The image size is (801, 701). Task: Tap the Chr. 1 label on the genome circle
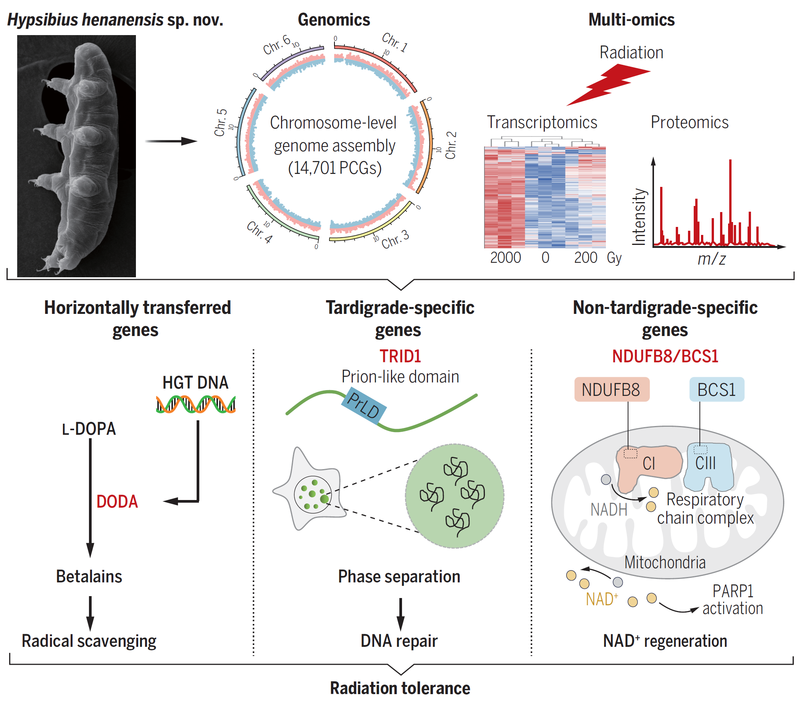(x=395, y=42)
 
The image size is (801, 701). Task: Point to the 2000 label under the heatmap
(x=505, y=258)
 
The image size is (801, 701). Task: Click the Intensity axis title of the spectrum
(x=639, y=217)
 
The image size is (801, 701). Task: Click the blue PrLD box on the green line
(x=364, y=405)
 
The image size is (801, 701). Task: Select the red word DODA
(x=117, y=502)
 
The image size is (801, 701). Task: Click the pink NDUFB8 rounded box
(x=611, y=390)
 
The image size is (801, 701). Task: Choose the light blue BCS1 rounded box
(x=717, y=390)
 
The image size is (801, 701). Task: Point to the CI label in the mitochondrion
(x=649, y=463)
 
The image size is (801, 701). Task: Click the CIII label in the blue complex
(x=705, y=463)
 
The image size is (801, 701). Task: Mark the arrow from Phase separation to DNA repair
(x=400, y=614)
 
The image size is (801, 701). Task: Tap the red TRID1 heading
(x=400, y=356)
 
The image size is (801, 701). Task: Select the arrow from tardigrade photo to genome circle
(x=171, y=141)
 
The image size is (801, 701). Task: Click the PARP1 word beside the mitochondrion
(x=733, y=591)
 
